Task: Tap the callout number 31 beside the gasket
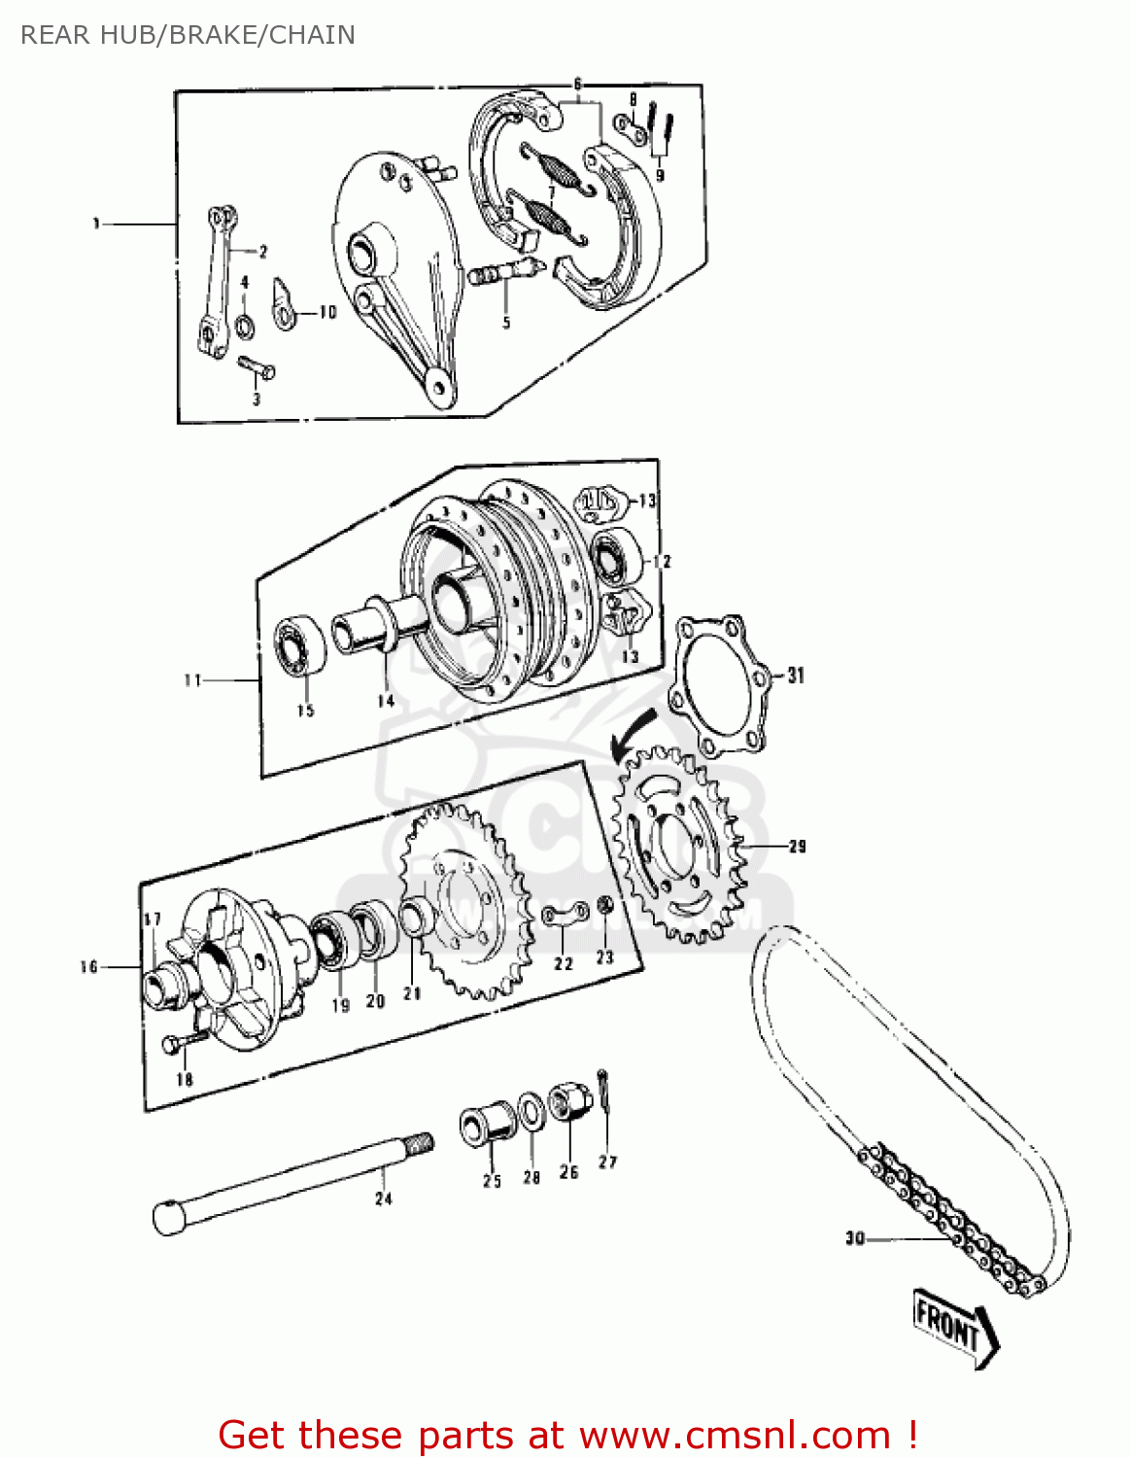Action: tap(796, 675)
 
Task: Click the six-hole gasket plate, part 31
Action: tap(720, 685)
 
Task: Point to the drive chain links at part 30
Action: tap(952, 1226)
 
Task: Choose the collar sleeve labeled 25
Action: tap(487, 1123)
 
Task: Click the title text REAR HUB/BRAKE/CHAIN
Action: tap(188, 35)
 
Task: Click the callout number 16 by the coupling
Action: tap(88, 966)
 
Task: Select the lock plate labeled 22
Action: tap(565, 916)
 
